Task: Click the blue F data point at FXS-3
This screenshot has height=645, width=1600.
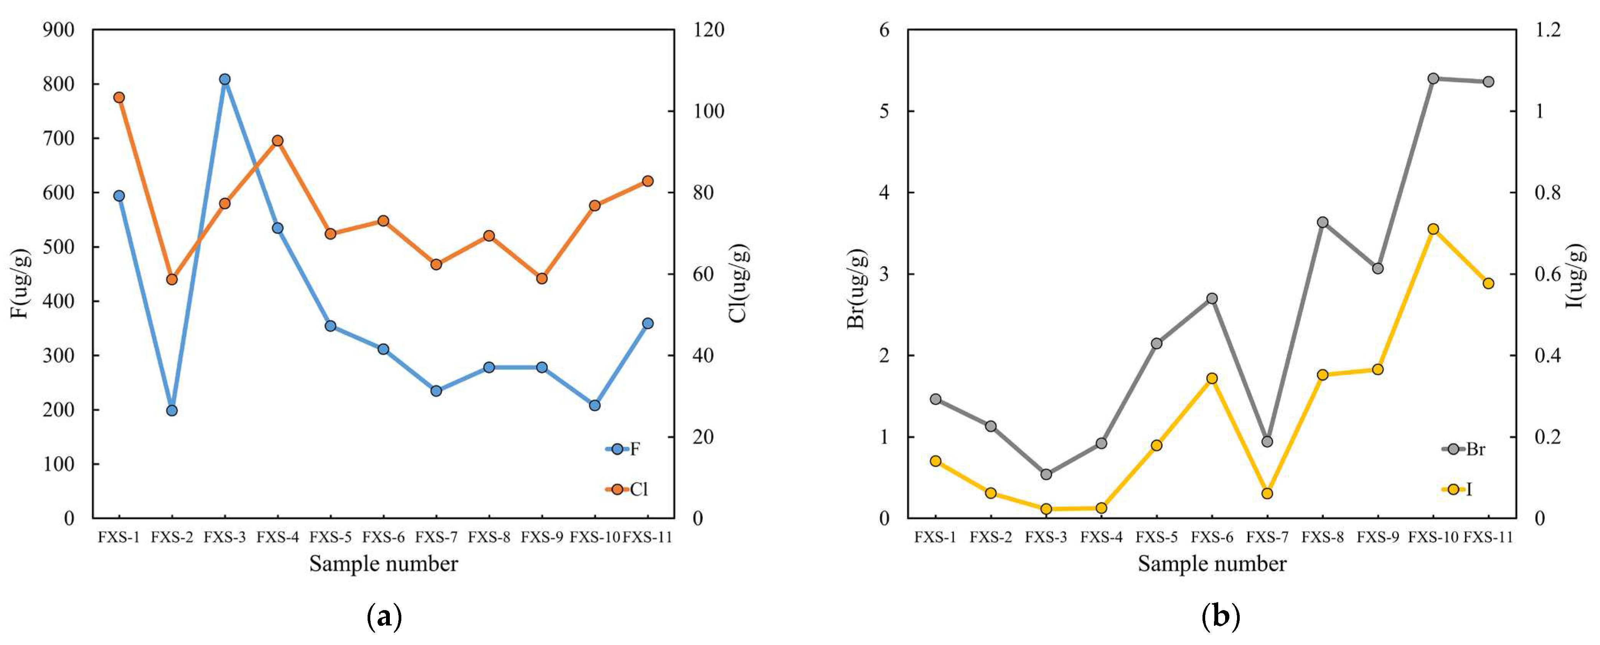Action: point(225,79)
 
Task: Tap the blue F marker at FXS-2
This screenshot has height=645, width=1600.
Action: point(172,410)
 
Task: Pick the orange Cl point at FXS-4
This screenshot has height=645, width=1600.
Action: point(278,141)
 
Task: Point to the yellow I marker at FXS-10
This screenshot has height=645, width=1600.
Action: point(1433,229)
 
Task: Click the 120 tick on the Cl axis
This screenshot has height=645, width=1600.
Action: point(708,30)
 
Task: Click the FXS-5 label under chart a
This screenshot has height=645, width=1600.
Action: point(330,537)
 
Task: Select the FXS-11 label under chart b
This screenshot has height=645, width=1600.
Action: point(1488,537)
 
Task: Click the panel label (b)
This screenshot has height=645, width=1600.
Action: point(1221,618)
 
